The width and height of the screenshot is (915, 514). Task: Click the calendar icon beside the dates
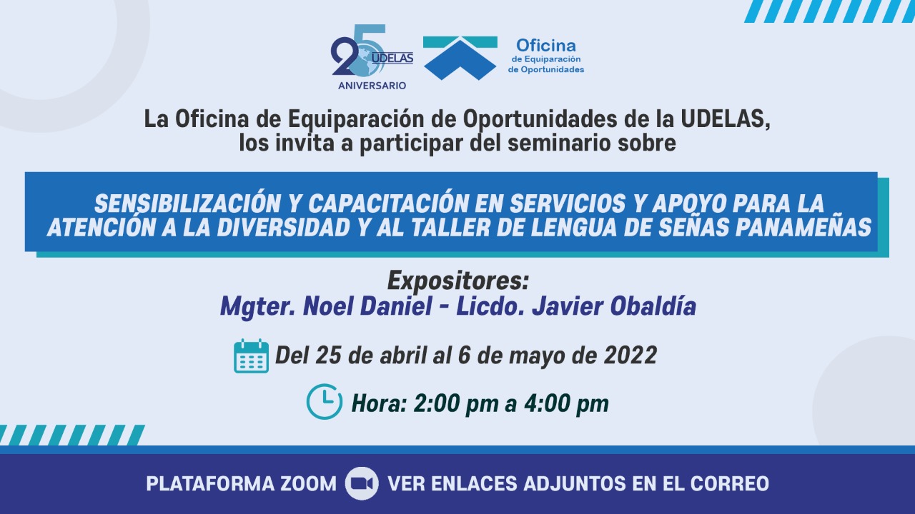(x=251, y=356)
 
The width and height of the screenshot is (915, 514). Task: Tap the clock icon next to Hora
(x=325, y=402)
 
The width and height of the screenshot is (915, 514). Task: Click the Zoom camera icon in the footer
(x=362, y=484)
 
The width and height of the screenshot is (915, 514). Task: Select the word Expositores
(x=458, y=281)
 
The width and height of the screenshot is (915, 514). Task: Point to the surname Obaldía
(x=653, y=306)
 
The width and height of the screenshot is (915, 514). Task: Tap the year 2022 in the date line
(x=630, y=355)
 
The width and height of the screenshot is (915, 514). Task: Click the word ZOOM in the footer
(x=308, y=484)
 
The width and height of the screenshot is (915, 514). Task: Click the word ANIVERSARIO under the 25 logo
(x=372, y=86)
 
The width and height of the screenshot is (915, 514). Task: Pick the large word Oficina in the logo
(x=545, y=45)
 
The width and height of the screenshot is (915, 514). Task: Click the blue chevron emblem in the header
(x=460, y=58)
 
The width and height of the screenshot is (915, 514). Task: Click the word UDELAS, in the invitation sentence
(x=725, y=119)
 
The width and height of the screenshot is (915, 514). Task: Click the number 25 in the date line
(x=328, y=355)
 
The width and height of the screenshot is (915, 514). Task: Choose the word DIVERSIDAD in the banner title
(x=283, y=227)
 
